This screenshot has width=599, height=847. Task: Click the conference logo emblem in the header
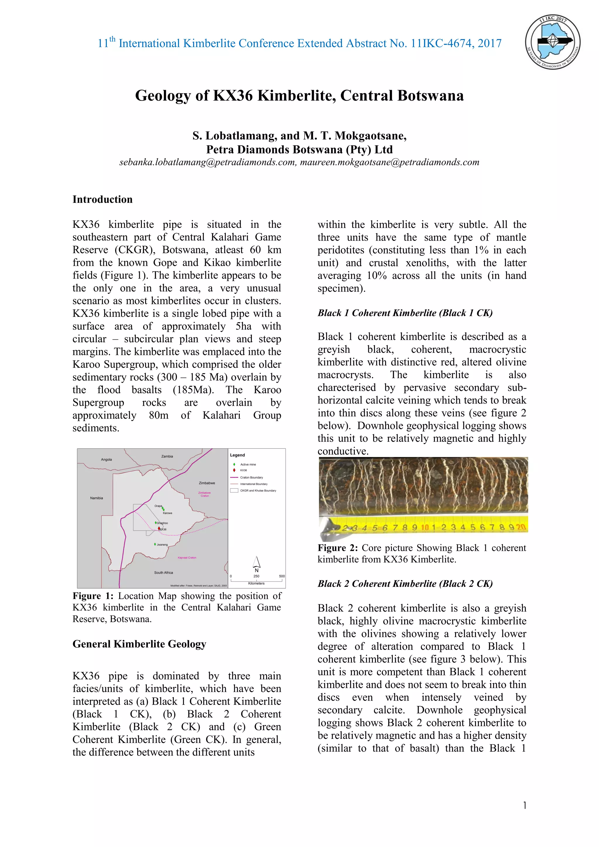[552, 42]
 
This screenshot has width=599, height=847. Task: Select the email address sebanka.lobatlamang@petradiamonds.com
[208, 162]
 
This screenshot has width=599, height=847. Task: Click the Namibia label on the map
[96, 498]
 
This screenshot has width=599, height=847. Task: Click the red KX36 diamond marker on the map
[159, 529]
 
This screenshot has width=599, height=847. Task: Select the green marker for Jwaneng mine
[155, 544]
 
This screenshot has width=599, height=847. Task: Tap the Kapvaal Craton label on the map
[187, 558]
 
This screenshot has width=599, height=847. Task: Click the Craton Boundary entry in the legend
[251, 477]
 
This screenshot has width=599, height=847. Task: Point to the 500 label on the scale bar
[282, 576]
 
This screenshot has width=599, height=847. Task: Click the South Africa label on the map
[163, 572]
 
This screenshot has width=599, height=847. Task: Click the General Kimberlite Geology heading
[139, 644]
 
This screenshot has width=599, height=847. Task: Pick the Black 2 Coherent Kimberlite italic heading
[405, 584]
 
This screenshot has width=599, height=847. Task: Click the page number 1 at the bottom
[524, 805]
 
